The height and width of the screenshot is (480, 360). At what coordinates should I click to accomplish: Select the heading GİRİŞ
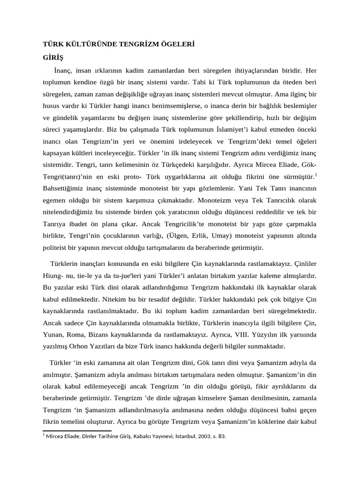pyautogui.click(x=53, y=58)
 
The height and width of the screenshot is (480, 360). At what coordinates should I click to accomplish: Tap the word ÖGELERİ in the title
pyautogui.click(x=178, y=45)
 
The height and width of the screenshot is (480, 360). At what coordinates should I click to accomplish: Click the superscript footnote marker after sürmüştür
pyautogui.click(x=316, y=175)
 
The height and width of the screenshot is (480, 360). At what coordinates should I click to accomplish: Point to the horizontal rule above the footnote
pyautogui.click(x=77, y=430)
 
